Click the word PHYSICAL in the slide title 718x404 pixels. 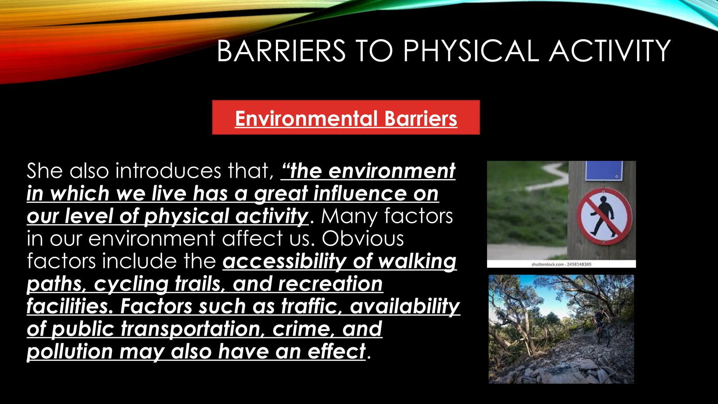[x=471, y=51]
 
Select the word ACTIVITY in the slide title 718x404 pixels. [x=610, y=51]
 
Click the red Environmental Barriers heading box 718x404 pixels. [x=346, y=117]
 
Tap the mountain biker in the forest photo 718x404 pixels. [x=602, y=324]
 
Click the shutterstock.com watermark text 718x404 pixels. [x=561, y=264]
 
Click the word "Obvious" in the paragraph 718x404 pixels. [x=363, y=239]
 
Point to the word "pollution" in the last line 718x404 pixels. [x=70, y=352]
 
